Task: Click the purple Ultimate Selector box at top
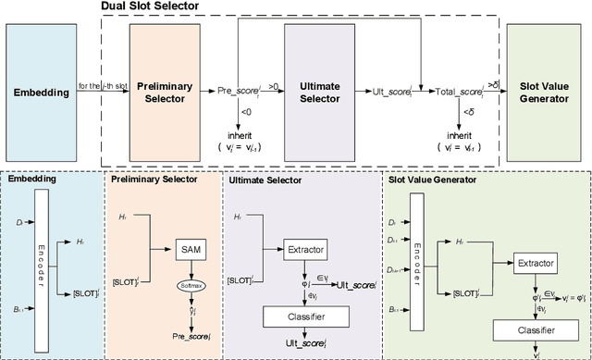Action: coord(319,93)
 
